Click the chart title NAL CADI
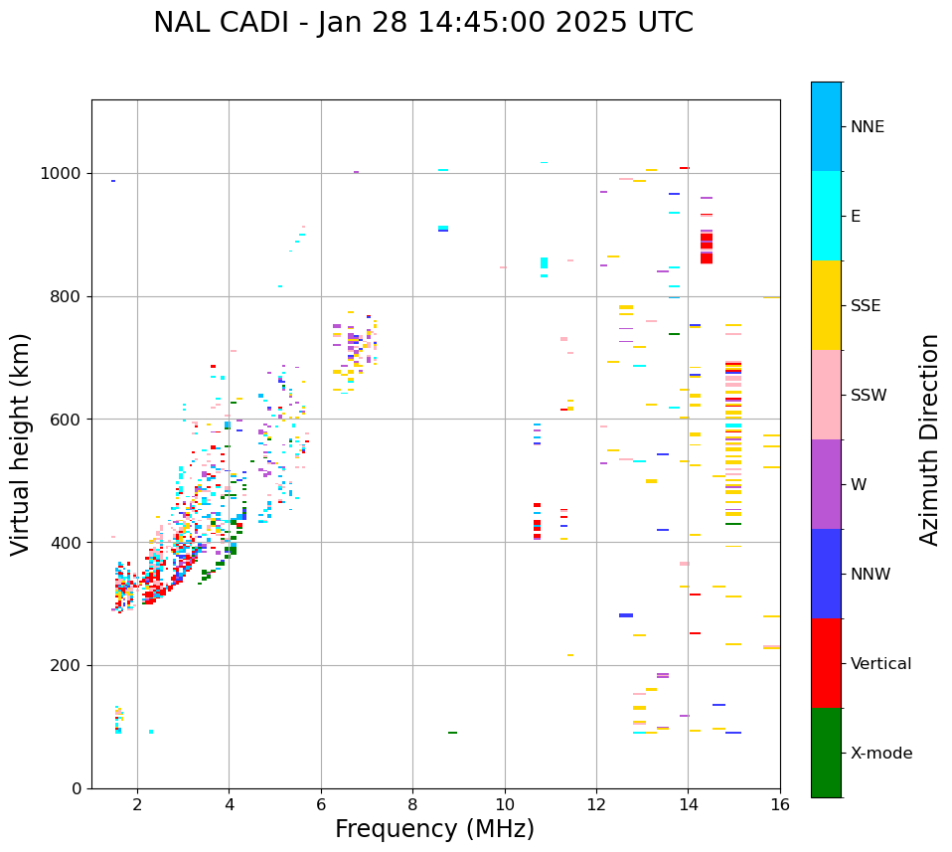point(423,23)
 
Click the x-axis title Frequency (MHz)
point(434,829)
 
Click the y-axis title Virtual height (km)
point(21,444)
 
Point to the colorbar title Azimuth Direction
point(929,439)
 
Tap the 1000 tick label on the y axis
point(61,173)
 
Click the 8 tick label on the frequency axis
point(412,804)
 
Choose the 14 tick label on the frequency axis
point(688,804)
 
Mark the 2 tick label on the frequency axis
point(137,804)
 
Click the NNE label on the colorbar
point(867,127)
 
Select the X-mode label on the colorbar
point(880,754)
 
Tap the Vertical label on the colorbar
point(880,664)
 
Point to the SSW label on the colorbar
point(869,396)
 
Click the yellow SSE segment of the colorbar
point(826,305)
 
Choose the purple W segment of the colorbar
point(826,484)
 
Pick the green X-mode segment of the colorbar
point(826,753)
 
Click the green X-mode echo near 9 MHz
point(452,733)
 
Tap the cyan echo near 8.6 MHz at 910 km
point(443,229)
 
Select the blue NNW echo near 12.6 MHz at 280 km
point(626,615)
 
